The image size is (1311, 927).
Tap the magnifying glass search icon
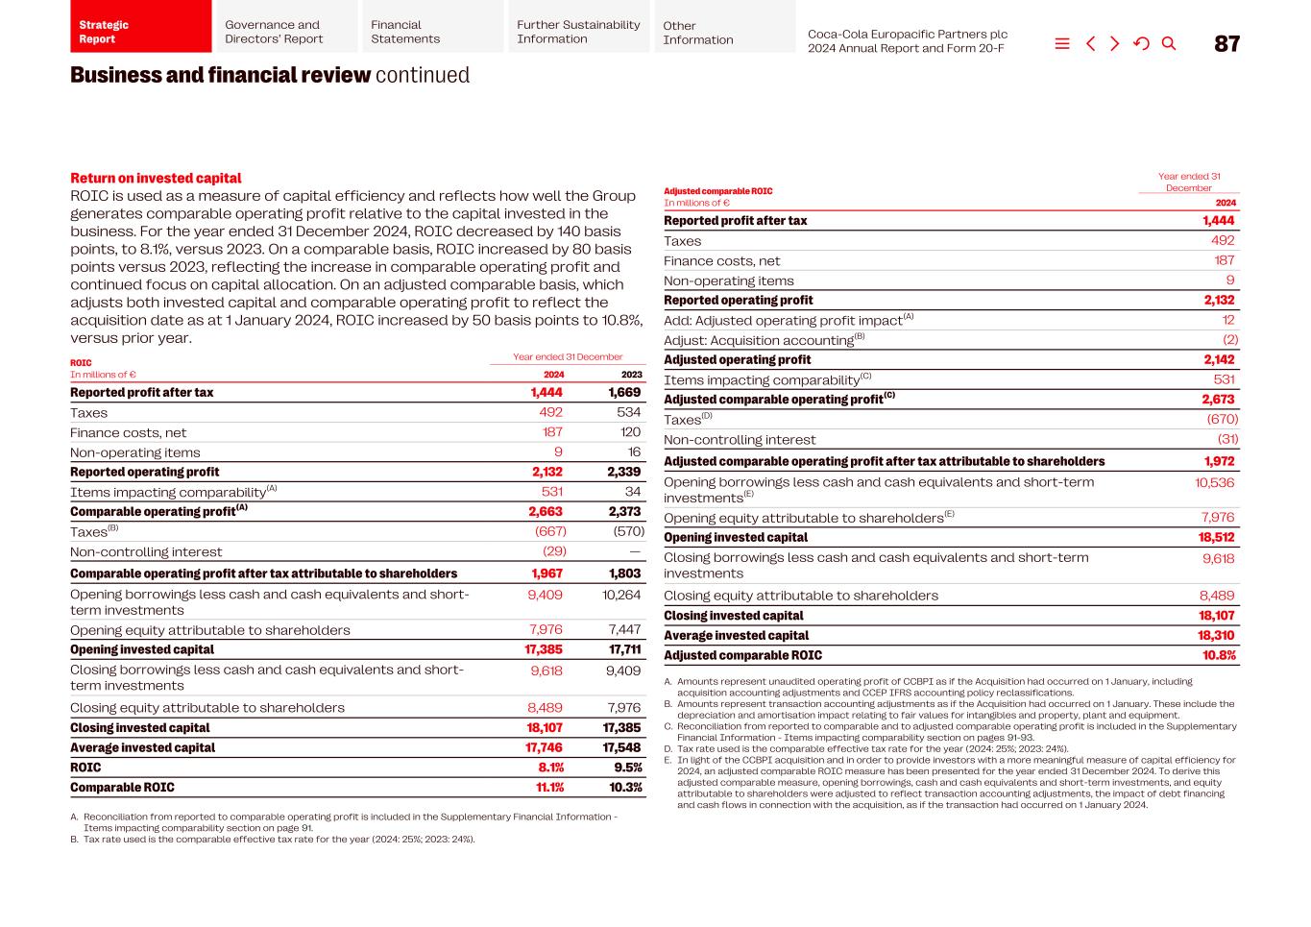click(1169, 43)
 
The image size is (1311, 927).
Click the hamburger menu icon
click(1062, 43)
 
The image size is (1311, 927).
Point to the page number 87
click(1226, 44)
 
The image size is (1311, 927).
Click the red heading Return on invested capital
click(156, 178)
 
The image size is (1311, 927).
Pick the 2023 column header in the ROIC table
click(631, 375)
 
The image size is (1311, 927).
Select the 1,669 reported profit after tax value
click(624, 392)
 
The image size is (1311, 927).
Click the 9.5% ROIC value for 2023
click(627, 768)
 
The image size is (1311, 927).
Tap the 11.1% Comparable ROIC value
click(549, 788)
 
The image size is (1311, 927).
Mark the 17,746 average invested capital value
click(545, 747)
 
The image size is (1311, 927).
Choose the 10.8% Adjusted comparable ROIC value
click(1219, 655)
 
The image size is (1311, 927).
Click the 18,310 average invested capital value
click(1216, 635)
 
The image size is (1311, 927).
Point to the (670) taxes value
click(1222, 419)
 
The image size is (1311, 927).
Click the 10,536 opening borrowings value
click(1214, 482)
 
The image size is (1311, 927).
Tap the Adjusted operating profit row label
click(737, 359)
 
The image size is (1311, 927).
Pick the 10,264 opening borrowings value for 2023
click(621, 595)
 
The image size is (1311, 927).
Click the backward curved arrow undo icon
click(1141, 43)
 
